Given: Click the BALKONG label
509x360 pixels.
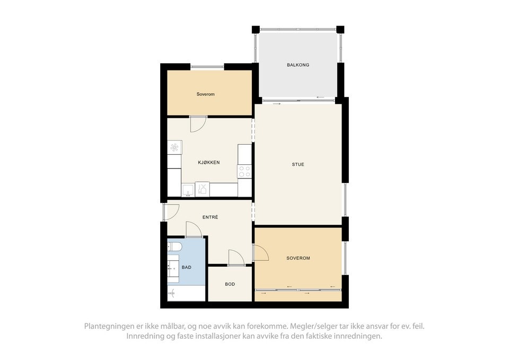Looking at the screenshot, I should (298, 65).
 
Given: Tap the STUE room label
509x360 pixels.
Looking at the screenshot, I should (298, 164).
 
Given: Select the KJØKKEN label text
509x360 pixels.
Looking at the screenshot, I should (209, 162).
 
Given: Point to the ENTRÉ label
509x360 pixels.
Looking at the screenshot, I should (210, 217).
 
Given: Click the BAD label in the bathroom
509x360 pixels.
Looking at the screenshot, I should (187, 267).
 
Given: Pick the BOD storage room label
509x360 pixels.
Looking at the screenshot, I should (230, 284).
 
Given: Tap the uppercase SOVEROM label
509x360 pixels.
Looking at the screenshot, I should (298, 258).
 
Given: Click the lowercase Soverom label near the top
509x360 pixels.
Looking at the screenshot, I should (205, 94).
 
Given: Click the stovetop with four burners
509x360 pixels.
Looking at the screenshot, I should (244, 171).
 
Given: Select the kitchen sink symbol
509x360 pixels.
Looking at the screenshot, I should (188, 189).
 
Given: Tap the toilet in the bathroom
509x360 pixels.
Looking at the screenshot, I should (175, 247).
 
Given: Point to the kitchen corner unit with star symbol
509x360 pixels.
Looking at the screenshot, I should (174, 147).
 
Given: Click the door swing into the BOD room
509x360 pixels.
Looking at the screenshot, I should (235, 257).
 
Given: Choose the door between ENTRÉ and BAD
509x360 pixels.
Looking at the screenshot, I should (194, 229).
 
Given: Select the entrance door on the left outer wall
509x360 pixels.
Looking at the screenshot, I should (171, 212).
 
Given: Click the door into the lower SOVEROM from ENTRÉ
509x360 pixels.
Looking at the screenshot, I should (261, 253).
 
